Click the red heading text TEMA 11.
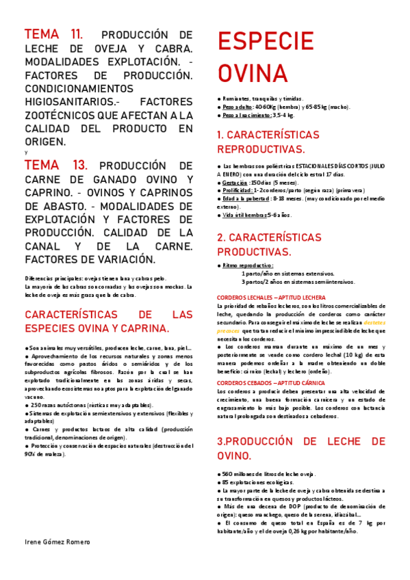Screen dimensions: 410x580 click(x=54, y=35)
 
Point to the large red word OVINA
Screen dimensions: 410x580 click(x=253, y=72)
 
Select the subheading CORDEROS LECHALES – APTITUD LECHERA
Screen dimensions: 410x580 click(x=271, y=297)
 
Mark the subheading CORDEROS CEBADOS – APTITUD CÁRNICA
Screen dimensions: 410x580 click(x=272, y=363)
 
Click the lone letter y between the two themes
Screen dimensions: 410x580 click(x=26, y=152)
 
